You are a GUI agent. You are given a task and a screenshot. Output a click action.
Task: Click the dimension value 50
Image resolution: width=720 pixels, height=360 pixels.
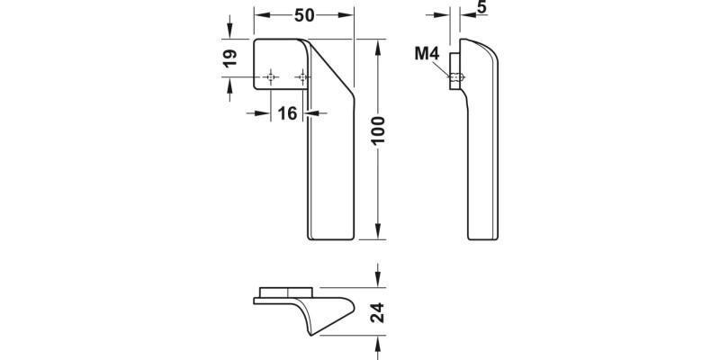point(303,16)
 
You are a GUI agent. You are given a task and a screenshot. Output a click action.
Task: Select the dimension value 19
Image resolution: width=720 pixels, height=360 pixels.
point(229,58)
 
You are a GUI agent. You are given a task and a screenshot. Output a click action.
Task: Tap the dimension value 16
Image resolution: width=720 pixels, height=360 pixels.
point(287,113)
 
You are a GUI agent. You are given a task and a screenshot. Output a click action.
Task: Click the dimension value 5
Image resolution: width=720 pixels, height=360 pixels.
point(481,8)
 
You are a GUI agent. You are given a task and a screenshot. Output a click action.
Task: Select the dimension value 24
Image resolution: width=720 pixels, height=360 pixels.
point(379,312)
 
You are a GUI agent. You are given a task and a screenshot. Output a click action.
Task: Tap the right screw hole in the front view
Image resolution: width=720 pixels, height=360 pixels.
point(301,79)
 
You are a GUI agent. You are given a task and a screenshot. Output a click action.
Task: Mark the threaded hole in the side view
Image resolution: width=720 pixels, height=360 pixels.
point(457,78)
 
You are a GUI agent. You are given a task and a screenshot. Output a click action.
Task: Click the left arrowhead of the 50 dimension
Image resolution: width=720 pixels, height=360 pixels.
point(259,16)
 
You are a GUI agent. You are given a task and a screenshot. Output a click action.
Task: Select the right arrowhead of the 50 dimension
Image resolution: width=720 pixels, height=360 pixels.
point(349,16)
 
